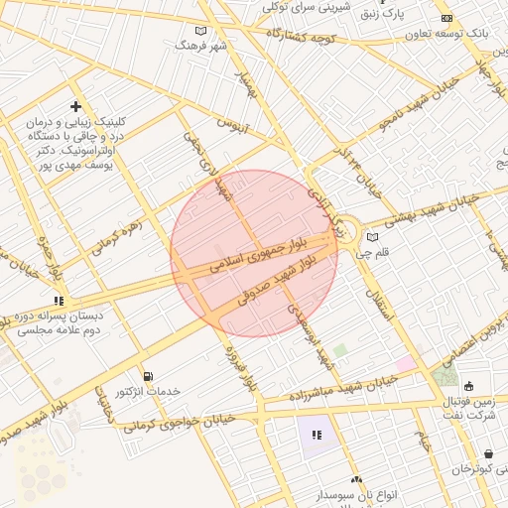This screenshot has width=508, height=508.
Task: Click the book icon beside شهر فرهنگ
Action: (x=201, y=31)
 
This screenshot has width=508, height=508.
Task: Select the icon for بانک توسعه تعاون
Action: (x=446, y=18)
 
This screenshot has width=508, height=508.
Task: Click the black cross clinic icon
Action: (x=75, y=106)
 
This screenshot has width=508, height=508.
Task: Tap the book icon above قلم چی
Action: (x=373, y=237)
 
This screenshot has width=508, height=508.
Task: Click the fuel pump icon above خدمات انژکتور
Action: (x=148, y=376)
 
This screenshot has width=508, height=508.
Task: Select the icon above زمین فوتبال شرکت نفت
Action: (x=468, y=386)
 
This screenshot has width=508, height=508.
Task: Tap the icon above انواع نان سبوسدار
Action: (x=356, y=479)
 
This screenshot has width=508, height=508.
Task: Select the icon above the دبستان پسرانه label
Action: (x=60, y=300)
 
